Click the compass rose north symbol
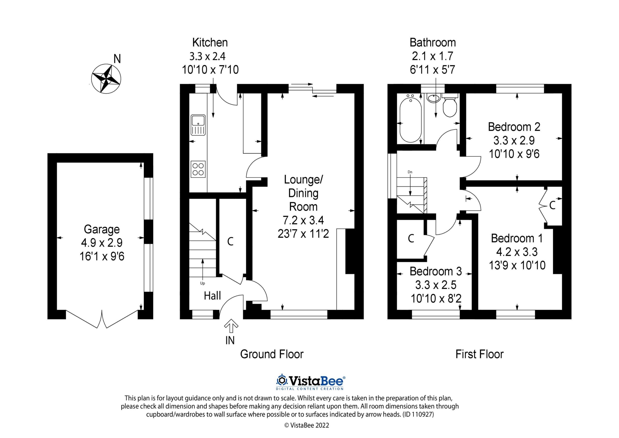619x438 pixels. click(106, 79)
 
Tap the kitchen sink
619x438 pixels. click(198, 125)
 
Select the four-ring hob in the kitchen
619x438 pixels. click(198, 169)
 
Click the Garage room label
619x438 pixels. click(102, 229)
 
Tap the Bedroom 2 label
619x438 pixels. click(514, 127)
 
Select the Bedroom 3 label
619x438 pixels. click(436, 271)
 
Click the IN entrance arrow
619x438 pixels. click(231, 326)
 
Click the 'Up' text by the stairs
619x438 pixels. click(202, 283)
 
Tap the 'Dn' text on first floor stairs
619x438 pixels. click(410, 172)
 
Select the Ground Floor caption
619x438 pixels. click(272, 354)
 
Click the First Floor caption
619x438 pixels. click(479, 354)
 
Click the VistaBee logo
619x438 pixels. click(310, 381)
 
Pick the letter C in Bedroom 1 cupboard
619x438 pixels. click(552, 206)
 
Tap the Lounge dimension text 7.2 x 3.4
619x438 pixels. click(303, 220)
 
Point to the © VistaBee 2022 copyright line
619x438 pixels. click(307, 425)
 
